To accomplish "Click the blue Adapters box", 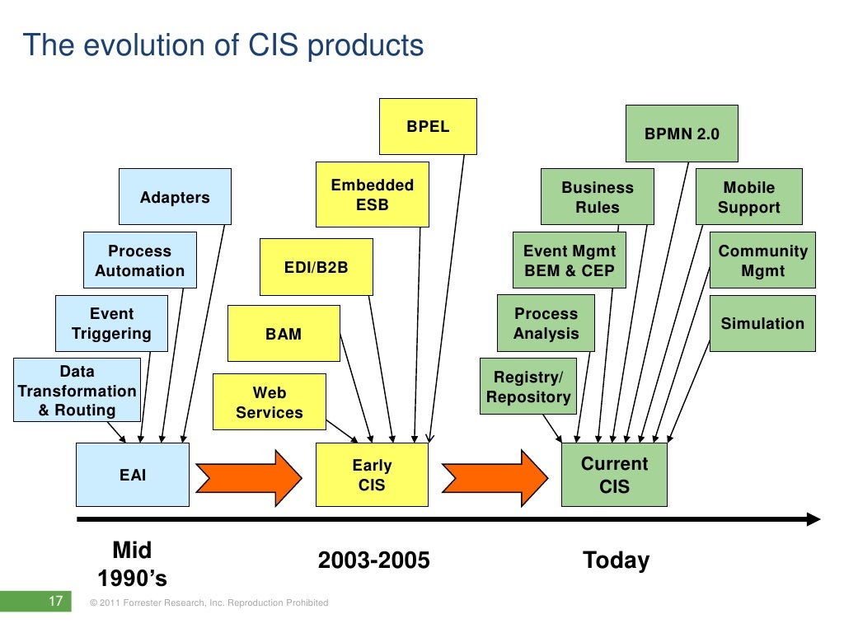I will coord(175,197).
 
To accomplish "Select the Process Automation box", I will coord(140,260).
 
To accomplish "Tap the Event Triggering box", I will coord(111,323).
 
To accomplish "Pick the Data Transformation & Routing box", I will coord(76,391).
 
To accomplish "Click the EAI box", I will coord(133,475).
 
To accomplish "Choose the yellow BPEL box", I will coord(428,127).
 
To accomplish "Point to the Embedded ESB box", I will coord(372,195).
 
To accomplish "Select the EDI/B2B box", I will coord(316,267).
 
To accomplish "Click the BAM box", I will coord(284,334).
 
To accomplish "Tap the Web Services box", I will coord(270,402).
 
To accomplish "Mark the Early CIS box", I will coord(372,475).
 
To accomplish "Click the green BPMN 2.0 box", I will coord(682,134).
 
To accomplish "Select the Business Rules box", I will coord(598,197).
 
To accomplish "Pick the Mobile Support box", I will coord(748,197).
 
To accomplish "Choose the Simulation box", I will coord(762,323).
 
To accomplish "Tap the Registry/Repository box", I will coord(528,387).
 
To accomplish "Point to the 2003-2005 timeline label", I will coord(374,560).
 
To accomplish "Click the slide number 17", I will coord(56,602).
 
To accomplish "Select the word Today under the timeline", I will coord(616,560).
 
